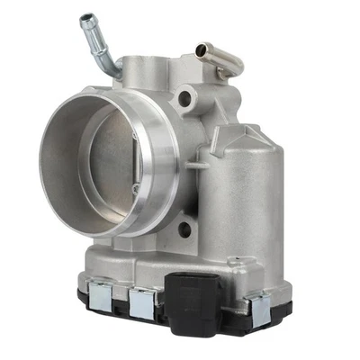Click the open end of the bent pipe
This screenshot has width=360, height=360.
(x=86, y=18)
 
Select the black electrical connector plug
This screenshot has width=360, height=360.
(x=192, y=302)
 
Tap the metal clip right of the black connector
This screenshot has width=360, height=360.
(x=259, y=309)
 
